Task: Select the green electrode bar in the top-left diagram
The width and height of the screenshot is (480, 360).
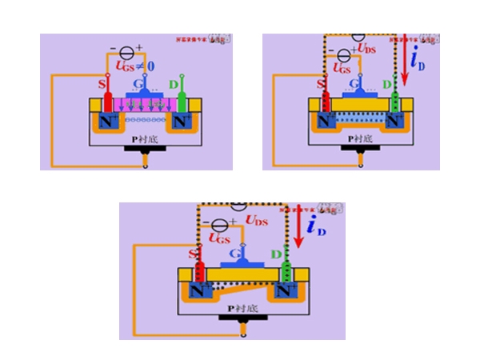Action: [183, 102]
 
